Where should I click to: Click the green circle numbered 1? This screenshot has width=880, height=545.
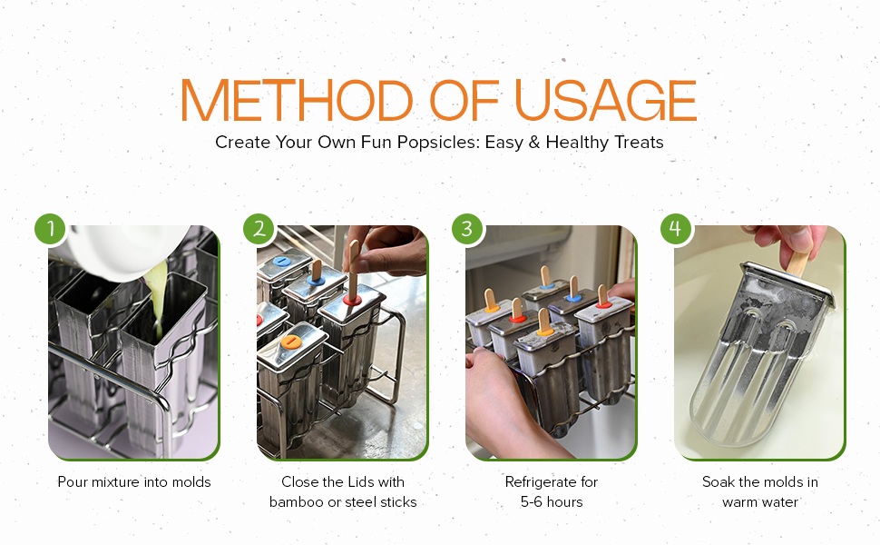coord(51,229)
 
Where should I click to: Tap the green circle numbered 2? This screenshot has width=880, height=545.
coord(259,229)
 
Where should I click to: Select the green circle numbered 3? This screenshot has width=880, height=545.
coord(467,229)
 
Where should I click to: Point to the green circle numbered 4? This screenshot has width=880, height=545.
coord(676,229)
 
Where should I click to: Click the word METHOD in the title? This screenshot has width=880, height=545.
coord(297,100)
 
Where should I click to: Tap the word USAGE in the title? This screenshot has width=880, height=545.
coord(605,100)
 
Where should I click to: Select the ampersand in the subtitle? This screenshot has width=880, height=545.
coord(534,142)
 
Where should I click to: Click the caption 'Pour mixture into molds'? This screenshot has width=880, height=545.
coord(134,482)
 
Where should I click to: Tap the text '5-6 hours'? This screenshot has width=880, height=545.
coord(552,501)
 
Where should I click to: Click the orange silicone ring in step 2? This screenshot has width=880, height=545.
coord(290,341)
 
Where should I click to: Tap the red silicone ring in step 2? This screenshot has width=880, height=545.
coord(352,300)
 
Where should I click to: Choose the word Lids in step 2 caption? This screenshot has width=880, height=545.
coord(360,482)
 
